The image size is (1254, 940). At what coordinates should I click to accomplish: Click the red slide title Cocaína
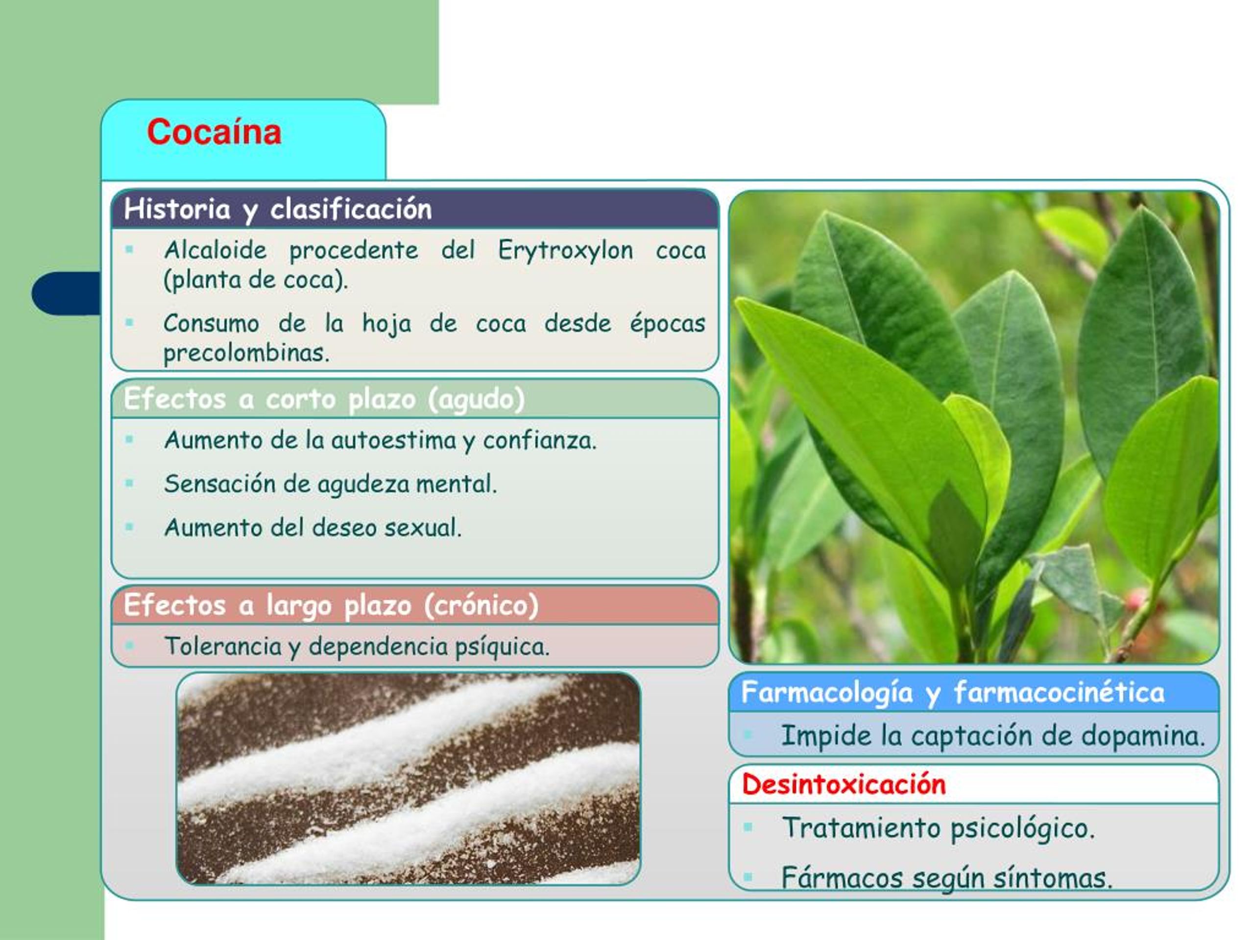[x=214, y=132]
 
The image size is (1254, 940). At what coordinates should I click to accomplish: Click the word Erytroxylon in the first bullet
[x=565, y=251]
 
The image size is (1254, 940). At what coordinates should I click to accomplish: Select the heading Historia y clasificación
[x=278, y=209]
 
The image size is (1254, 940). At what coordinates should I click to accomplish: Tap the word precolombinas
[x=246, y=353]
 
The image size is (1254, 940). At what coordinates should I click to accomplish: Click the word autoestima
[x=393, y=440]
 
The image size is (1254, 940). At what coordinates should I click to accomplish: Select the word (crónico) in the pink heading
[x=482, y=606]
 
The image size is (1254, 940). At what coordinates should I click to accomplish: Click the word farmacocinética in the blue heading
[x=1059, y=692]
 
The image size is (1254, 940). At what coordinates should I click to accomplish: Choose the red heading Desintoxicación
[x=844, y=785]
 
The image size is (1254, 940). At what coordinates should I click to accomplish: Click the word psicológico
[x=1022, y=829]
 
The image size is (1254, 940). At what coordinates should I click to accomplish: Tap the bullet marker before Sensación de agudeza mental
[x=129, y=483]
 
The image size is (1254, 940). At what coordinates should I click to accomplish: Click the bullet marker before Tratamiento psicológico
[x=748, y=827]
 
